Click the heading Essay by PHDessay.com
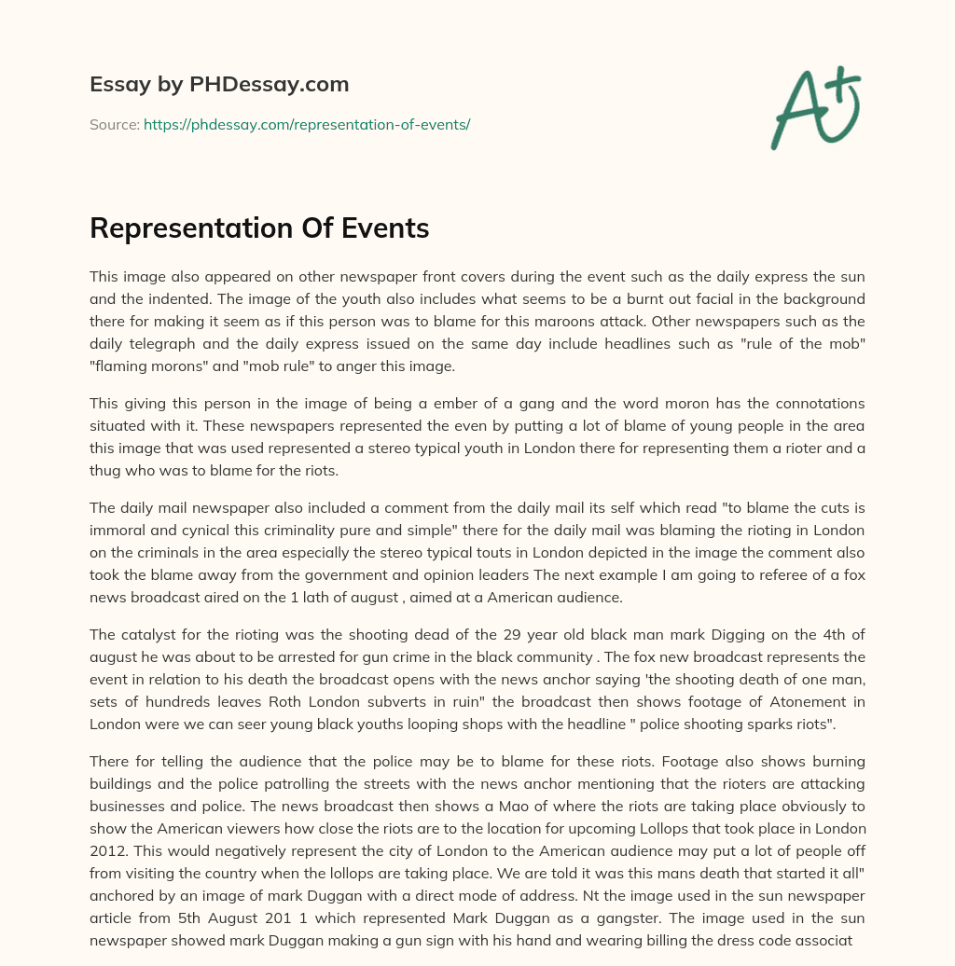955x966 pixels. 219,85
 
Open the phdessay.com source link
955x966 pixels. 307,124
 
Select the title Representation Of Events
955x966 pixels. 259,228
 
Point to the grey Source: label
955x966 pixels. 114,124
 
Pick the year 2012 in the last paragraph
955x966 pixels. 107,851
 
